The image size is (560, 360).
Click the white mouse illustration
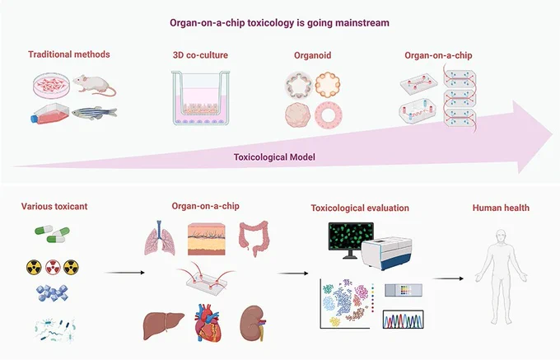pos(94,85)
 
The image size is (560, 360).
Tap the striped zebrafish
pos(94,113)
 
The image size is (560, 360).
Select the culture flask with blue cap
pos(49,114)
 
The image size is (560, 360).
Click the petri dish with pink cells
pos(51,85)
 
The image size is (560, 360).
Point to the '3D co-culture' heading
pos(200,55)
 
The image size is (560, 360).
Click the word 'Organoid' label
pos(312,55)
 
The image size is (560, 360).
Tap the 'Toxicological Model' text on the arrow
pos(274,157)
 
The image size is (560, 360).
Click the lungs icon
pos(160,238)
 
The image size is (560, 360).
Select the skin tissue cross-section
pos(207,239)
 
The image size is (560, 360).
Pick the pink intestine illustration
pos(254,237)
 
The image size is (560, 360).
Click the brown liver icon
pos(163,325)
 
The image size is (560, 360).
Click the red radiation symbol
pos(52,267)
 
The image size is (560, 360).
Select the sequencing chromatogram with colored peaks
pos(404,320)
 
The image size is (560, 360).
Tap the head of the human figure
pos(501,237)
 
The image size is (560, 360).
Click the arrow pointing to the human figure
pos(448,278)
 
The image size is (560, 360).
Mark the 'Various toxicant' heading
pos(54,207)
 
